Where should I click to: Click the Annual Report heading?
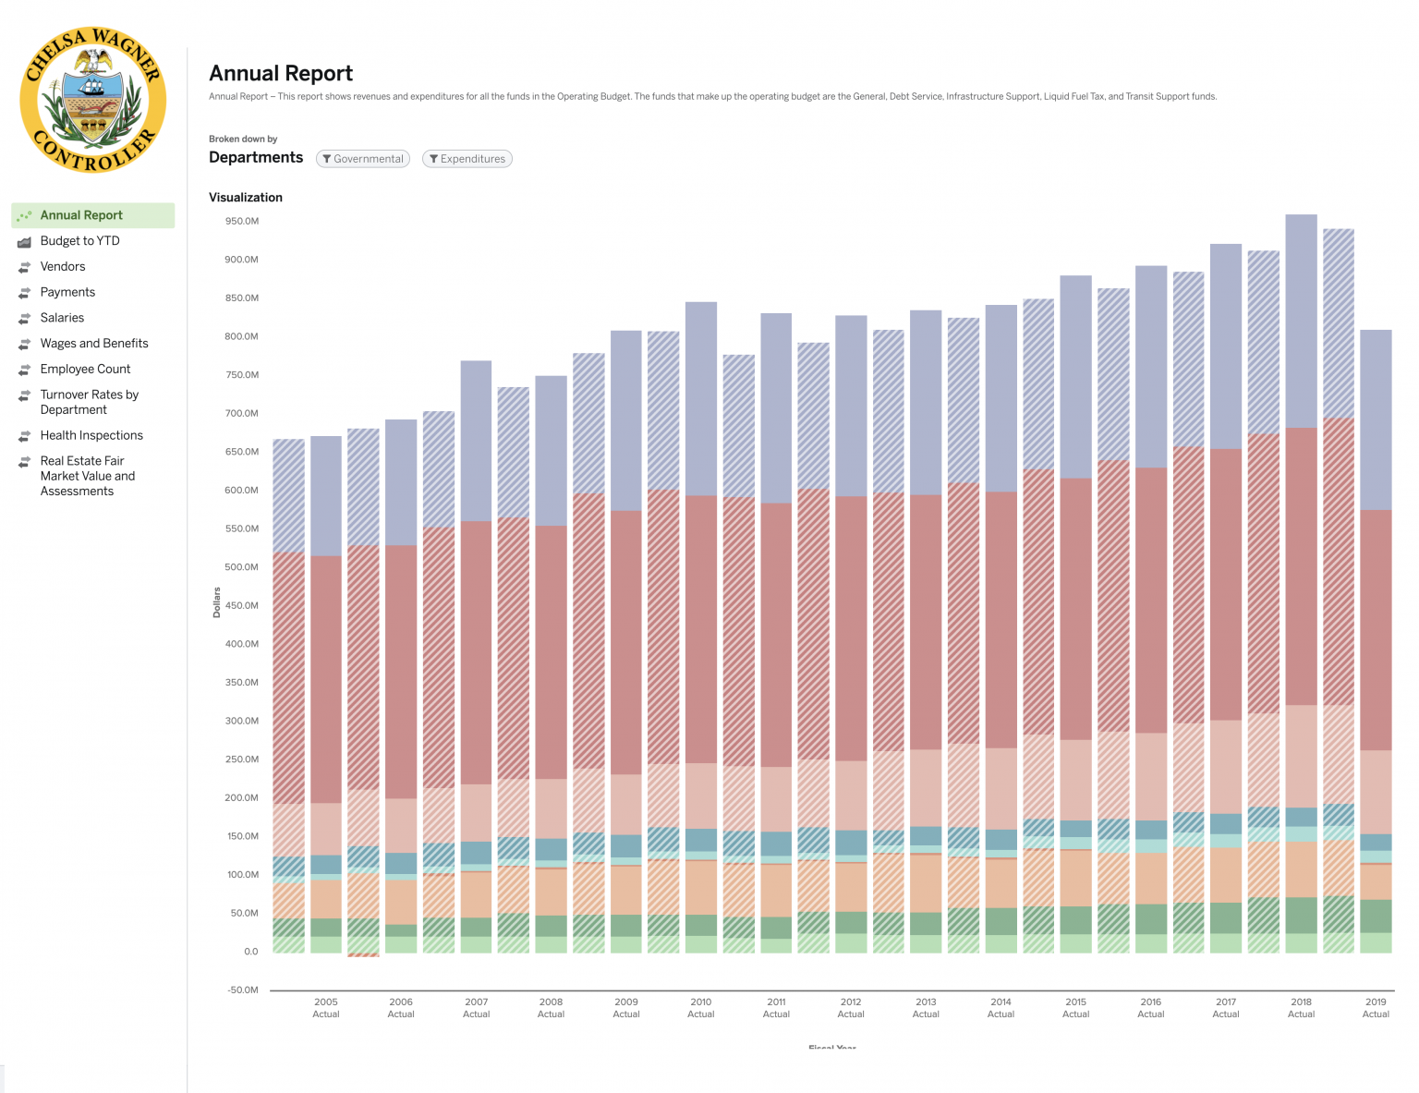[281, 74]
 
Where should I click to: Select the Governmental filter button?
[363, 159]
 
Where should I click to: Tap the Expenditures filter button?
[467, 159]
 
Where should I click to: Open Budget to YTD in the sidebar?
[79, 241]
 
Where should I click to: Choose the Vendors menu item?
[63, 267]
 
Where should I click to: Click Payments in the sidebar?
[67, 292]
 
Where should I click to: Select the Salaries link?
[62, 318]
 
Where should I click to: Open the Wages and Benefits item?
[94, 344]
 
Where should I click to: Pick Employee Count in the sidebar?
[85, 370]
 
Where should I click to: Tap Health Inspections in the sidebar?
[91, 436]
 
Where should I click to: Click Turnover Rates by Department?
[89, 402]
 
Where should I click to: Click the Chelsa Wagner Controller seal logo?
[92, 100]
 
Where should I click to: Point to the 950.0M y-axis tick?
[241, 222]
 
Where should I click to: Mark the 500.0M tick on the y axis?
[241, 567]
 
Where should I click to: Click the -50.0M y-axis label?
[241, 990]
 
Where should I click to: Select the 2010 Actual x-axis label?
[701, 1008]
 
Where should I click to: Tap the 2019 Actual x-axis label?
[1376, 1008]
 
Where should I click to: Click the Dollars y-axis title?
[217, 602]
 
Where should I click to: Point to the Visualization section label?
[246, 198]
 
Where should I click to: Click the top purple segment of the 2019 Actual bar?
[1376, 420]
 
